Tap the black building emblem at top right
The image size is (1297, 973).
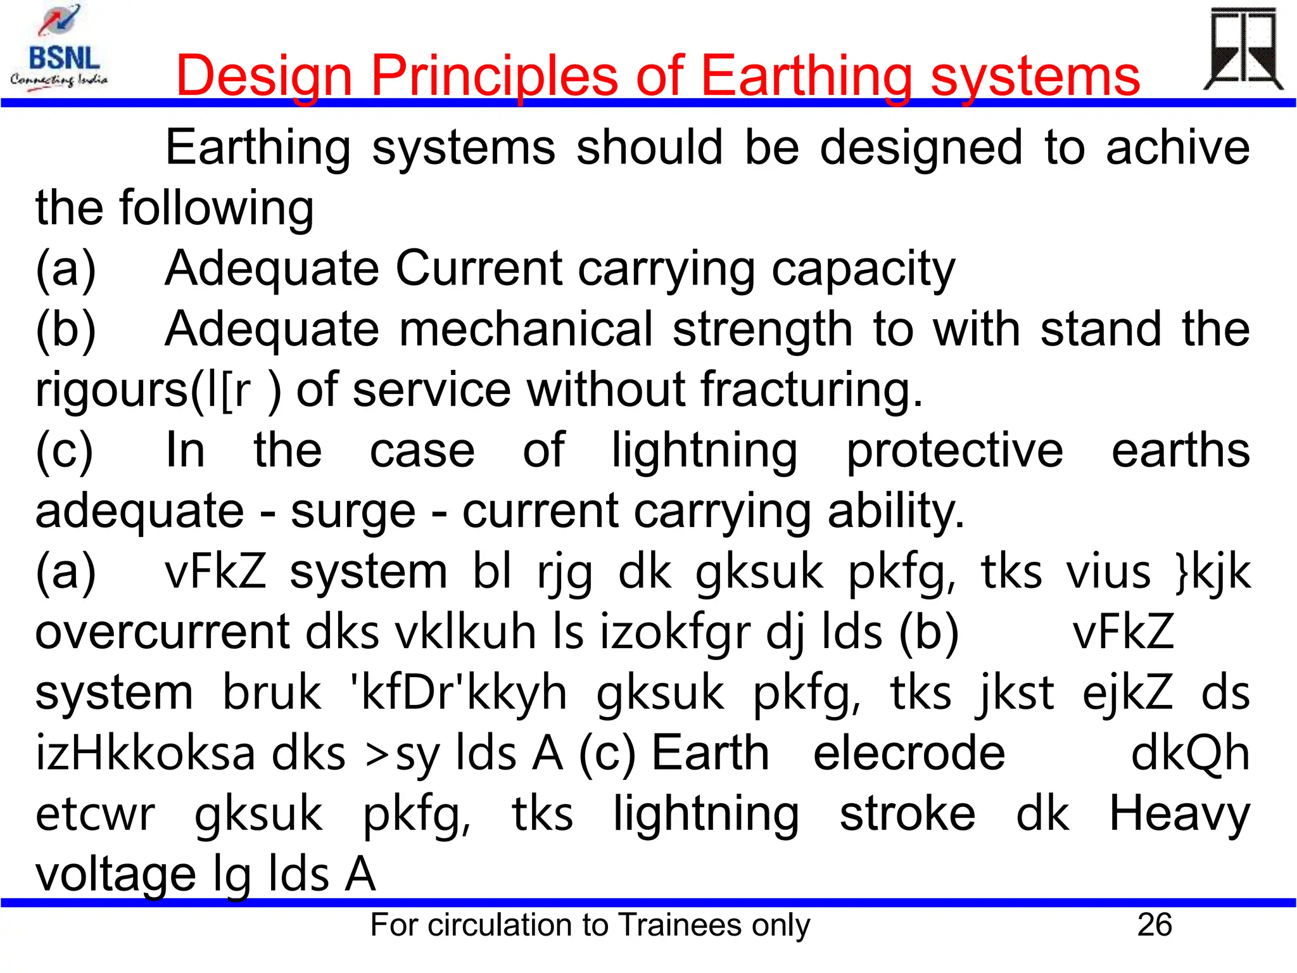pos(1243,49)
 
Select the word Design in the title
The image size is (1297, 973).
pos(263,76)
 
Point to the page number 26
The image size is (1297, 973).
pos(1155,925)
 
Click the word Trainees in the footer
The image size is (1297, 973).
pos(680,925)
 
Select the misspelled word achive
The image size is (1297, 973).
pos(1177,148)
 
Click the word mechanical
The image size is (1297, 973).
pos(525,329)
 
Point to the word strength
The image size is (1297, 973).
pos(762,329)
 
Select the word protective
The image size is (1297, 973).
pos(954,450)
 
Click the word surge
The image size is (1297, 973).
pos(353,511)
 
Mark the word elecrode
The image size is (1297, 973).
pos(909,753)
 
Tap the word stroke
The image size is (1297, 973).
pos(907,814)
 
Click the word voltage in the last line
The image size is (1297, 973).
pos(115,875)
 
